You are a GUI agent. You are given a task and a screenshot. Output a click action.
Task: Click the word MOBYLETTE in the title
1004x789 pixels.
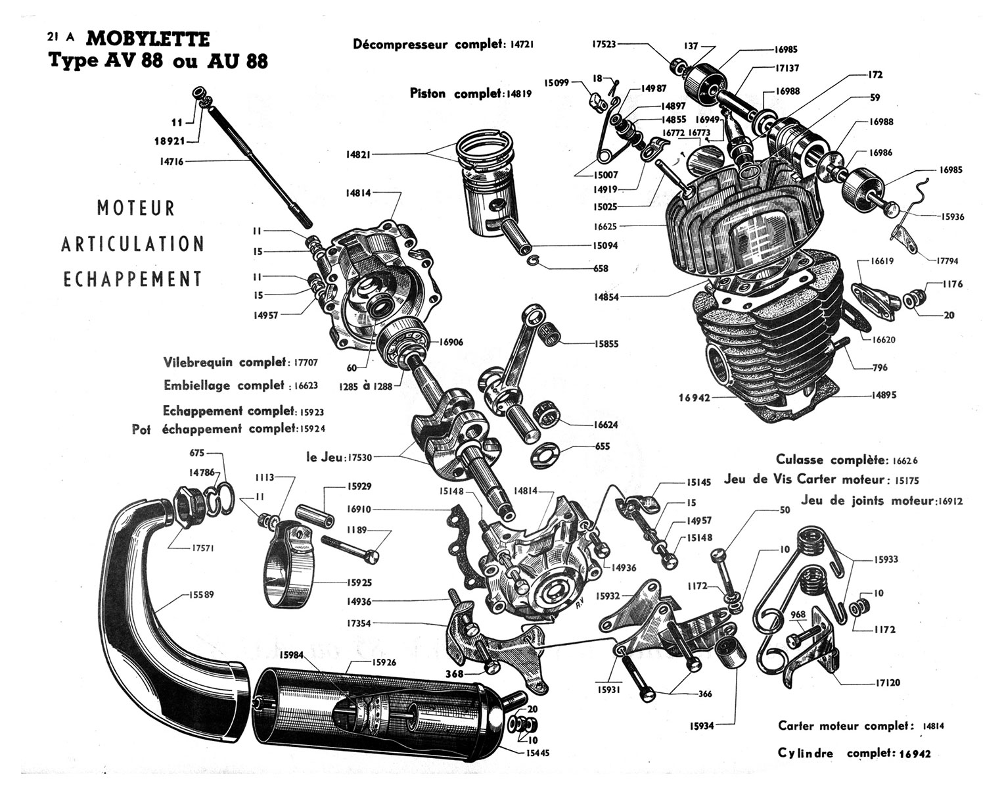(148, 39)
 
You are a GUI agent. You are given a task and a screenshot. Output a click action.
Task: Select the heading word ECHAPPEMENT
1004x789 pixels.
(132, 279)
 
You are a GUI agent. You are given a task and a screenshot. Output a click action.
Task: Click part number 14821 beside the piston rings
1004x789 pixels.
(359, 155)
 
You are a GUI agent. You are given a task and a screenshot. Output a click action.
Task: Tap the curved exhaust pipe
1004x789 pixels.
(158, 592)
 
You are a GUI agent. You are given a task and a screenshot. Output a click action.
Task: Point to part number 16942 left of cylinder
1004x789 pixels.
(695, 397)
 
